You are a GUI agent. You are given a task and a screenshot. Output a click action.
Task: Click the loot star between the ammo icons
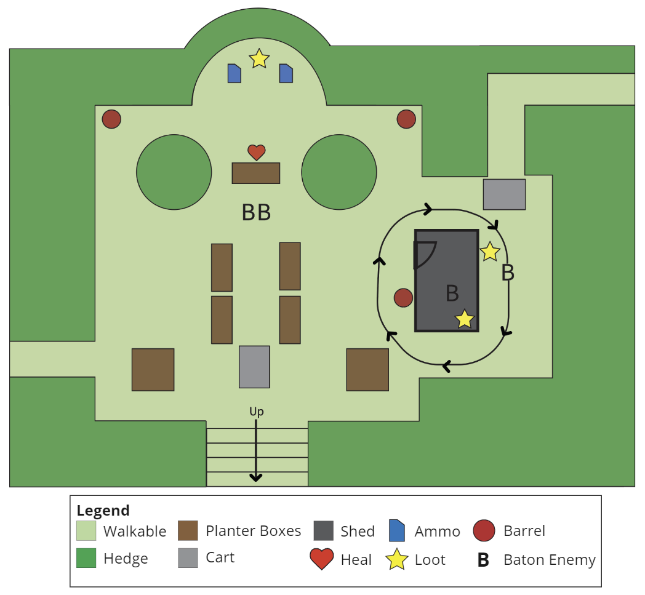tap(259, 58)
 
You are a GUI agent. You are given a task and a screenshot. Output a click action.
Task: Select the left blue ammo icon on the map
tap(234, 73)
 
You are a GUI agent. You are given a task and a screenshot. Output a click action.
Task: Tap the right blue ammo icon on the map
tap(286, 73)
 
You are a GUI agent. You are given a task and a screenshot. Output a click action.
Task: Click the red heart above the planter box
tap(256, 152)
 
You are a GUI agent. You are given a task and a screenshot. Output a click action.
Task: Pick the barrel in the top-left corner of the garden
tap(111, 119)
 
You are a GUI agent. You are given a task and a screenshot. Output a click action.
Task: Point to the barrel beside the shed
tap(403, 298)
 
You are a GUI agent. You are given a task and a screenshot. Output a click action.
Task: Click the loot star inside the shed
tap(465, 319)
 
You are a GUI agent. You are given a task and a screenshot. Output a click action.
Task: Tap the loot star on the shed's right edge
tap(490, 252)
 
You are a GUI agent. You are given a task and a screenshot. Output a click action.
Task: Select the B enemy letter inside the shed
tap(452, 293)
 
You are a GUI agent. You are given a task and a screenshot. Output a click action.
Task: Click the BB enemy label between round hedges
tap(256, 213)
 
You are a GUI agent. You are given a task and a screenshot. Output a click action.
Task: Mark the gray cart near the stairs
tap(254, 367)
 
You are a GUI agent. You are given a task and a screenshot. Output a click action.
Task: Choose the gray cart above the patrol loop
tap(504, 194)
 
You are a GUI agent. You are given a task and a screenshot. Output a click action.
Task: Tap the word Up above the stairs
tap(256, 411)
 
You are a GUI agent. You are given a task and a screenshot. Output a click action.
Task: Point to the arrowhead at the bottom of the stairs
tap(256, 478)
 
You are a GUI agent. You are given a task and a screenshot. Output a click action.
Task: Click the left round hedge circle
tap(174, 172)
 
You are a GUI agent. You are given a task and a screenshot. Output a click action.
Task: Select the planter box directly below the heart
tap(256, 173)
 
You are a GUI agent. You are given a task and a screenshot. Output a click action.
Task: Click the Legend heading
tap(103, 511)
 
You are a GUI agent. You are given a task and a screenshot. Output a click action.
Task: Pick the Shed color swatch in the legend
tap(323, 531)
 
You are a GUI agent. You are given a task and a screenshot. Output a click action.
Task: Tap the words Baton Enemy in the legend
tap(550, 560)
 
